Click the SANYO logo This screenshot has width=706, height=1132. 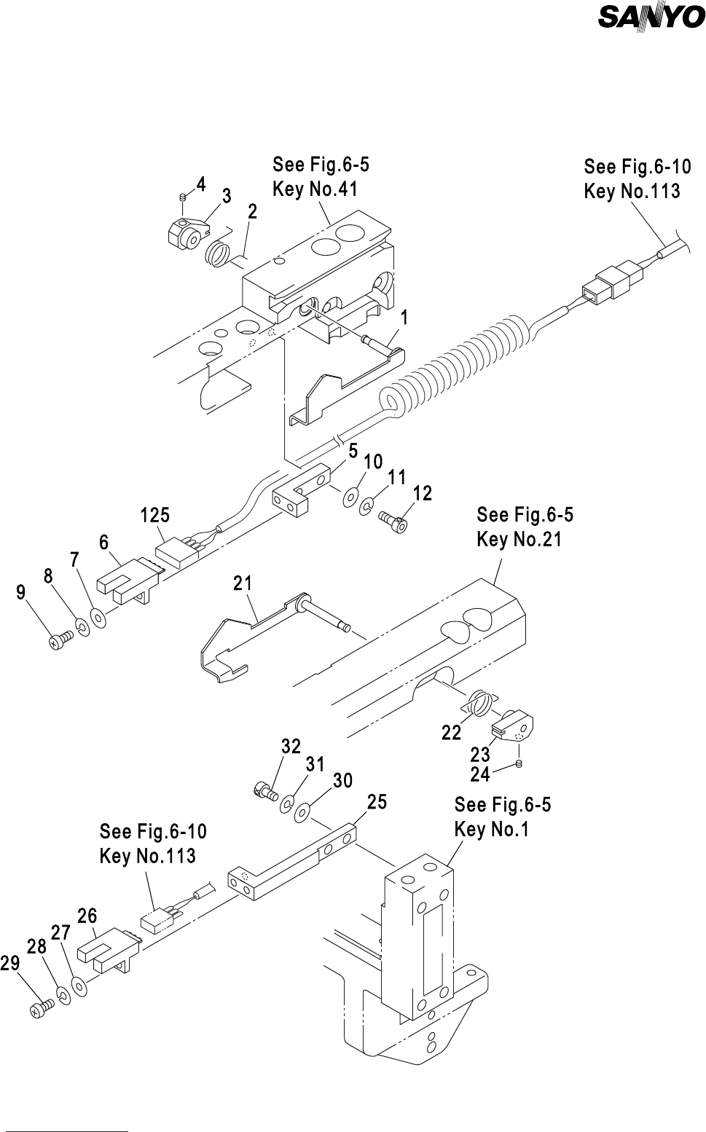tap(651, 17)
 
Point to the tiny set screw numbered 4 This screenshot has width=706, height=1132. tap(184, 197)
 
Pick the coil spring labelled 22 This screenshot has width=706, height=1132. tap(478, 704)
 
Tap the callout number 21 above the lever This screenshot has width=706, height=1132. tap(243, 583)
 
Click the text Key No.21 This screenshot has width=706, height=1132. tap(519, 540)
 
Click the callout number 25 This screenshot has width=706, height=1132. tap(377, 802)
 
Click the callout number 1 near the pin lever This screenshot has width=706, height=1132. tap(404, 318)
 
